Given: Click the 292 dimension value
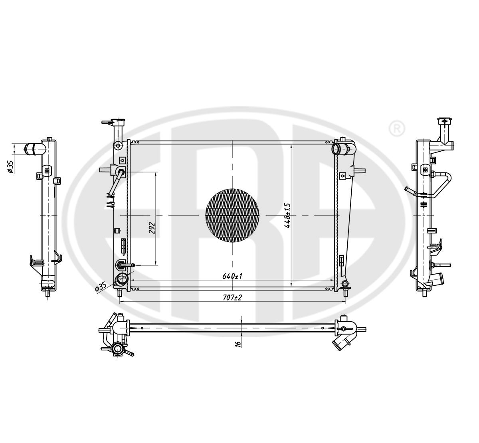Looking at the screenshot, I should click(x=151, y=227).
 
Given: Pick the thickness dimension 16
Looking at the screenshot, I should click(x=238, y=343).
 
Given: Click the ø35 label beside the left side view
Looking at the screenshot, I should click(x=11, y=166).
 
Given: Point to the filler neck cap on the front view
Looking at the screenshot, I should click(x=116, y=122).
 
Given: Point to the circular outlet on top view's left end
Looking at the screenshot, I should click(x=117, y=350).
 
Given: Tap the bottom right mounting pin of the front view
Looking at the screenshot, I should click(x=346, y=294).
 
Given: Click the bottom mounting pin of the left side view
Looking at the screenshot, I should click(x=48, y=294).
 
